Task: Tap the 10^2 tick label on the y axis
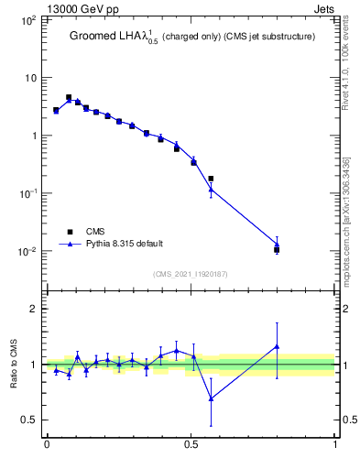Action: [x=27, y=19]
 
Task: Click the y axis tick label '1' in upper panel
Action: [x=32, y=136]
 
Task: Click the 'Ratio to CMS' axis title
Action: [x=13, y=365]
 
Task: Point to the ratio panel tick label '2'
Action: [x=33, y=309]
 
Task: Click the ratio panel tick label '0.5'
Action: [x=28, y=420]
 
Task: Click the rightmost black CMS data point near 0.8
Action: [x=277, y=249]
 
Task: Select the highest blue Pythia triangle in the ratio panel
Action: [x=277, y=346]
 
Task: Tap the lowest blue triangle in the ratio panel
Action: [x=212, y=398]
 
